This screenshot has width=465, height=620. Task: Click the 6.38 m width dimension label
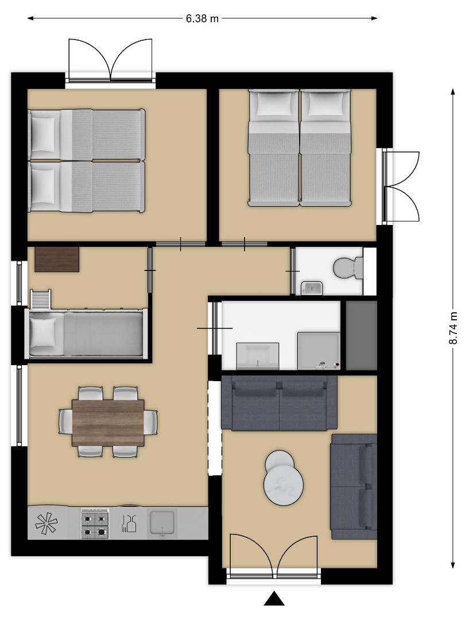point(202,18)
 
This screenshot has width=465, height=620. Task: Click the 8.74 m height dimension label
point(453,328)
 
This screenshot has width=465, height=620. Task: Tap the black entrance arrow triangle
point(274,599)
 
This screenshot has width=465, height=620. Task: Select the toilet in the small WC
point(348,268)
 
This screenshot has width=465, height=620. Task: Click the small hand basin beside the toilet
point(312,288)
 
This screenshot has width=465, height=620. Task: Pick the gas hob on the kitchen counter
point(95,523)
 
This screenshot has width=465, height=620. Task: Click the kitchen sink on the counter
point(162,524)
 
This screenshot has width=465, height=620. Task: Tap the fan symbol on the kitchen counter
point(46,524)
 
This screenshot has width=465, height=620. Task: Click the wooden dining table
point(108,423)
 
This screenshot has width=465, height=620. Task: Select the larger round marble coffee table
point(284,485)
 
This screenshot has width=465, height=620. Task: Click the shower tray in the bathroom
point(319,351)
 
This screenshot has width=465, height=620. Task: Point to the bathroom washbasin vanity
point(257,356)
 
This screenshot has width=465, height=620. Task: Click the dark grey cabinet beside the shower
point(362,335)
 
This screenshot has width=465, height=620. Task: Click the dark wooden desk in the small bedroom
point(57,259)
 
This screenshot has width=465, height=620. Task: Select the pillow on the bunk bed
point(43,332)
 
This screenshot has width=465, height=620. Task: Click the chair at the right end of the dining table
point(151,423)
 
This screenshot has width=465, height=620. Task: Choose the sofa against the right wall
point(354,487)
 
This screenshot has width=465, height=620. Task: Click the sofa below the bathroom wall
point(279,402)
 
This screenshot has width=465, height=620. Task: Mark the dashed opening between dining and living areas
point(215,428)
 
